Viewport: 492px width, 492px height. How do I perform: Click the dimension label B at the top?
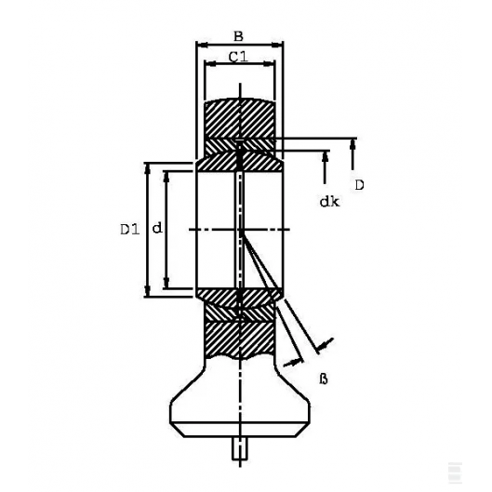tap(238, 36)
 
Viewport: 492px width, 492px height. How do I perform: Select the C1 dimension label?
tap(237, 58)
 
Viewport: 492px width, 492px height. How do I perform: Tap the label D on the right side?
tap(358, 184)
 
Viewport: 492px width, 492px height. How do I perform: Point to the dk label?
tap(328, 201)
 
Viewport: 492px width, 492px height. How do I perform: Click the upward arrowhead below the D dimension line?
tap(353, 144)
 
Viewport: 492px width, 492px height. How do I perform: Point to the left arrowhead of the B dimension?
tap(199, 45)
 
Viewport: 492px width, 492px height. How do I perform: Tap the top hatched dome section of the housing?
tap(239, 116)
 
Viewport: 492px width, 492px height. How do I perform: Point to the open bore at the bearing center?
tap(219, 229)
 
